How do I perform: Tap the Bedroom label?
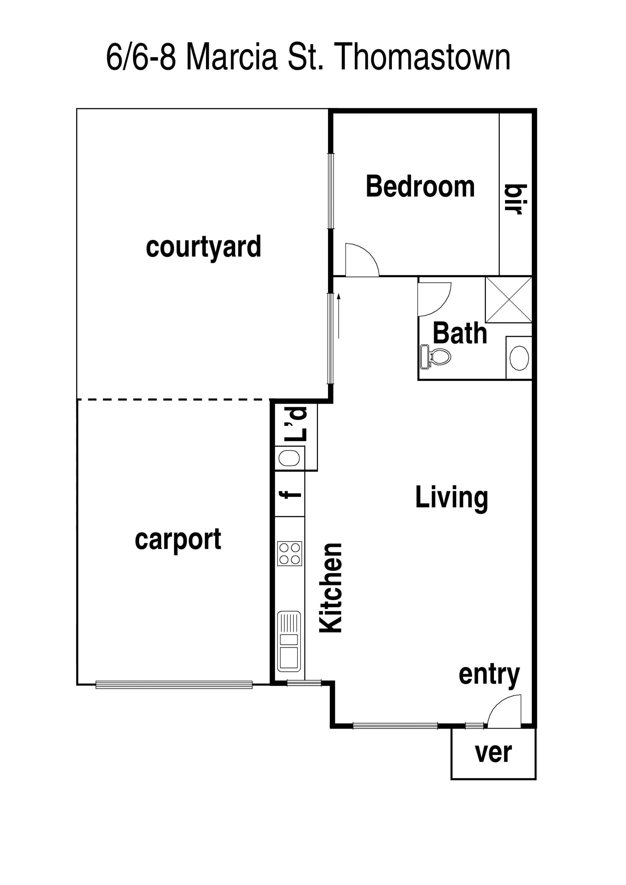(420, 187)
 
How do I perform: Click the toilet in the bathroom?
(436, 356)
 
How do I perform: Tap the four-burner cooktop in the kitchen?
(289, 554)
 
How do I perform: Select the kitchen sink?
(289, 641)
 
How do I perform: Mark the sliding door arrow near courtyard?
(339, 316)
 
